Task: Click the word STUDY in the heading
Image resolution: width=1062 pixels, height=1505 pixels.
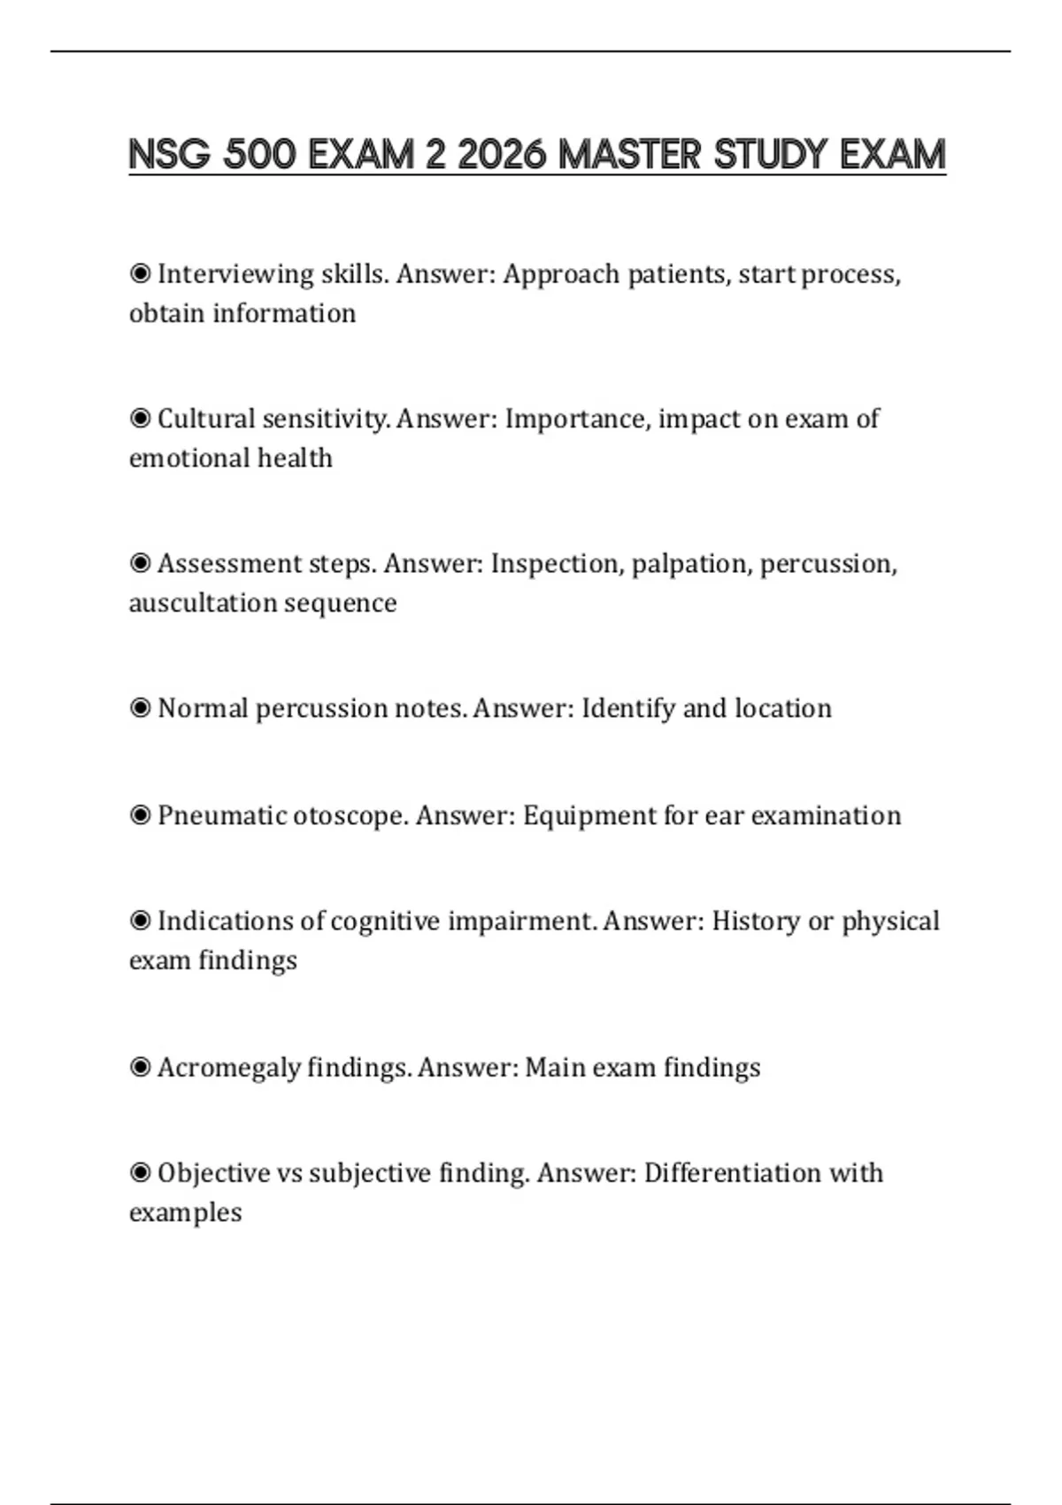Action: [x=770, y=155]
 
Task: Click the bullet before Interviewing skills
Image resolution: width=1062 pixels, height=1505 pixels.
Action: [x=140, y=274]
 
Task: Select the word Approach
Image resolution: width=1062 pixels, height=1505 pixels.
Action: [x=561, y=274]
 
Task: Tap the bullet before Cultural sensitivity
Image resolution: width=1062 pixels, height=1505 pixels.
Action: [x=140, y=418]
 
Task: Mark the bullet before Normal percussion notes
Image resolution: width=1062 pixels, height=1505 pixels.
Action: [x=140, y=707]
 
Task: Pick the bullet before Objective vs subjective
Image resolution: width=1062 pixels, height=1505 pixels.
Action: [x=140, y=1172]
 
